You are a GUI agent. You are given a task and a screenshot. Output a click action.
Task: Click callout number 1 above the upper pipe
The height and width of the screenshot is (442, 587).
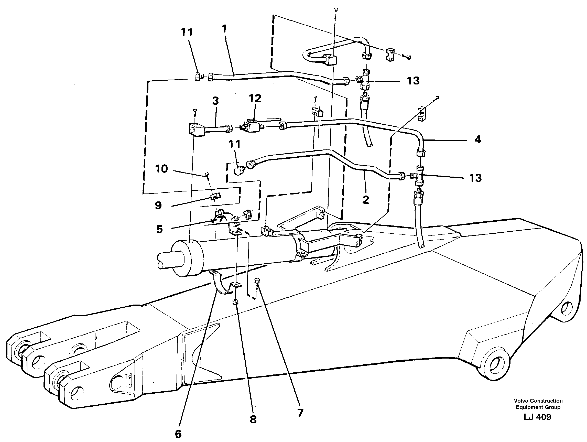(224, 29)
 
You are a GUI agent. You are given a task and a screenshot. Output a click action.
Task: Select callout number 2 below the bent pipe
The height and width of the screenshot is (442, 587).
(366, 200)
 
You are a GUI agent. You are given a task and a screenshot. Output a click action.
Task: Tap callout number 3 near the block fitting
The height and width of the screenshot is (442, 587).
(215, 101)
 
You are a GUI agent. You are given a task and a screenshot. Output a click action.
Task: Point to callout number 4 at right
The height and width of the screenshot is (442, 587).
(478, 140)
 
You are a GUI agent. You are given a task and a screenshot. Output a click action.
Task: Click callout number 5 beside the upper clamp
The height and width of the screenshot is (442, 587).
(159, 229)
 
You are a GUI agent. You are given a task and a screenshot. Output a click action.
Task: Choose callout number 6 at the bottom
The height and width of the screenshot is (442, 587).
(178, 434)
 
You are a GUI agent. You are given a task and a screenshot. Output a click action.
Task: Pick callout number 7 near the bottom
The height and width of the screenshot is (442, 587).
(300, 413)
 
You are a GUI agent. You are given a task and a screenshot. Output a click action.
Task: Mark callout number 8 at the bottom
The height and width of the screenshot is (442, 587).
(253, 419)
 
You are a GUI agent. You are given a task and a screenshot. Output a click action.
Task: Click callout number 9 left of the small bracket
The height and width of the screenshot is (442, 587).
(158, 206)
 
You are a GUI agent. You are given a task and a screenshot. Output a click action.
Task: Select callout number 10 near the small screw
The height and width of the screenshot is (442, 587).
(162, 169)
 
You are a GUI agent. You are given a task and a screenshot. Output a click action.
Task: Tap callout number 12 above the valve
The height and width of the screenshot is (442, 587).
(255, 99)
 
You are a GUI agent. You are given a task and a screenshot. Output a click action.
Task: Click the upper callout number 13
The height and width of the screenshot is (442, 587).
(413, 81)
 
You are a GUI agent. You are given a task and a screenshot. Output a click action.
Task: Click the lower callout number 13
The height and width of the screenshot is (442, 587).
(475, 178)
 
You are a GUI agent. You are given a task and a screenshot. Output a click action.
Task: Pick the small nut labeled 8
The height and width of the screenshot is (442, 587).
(235, 302)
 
